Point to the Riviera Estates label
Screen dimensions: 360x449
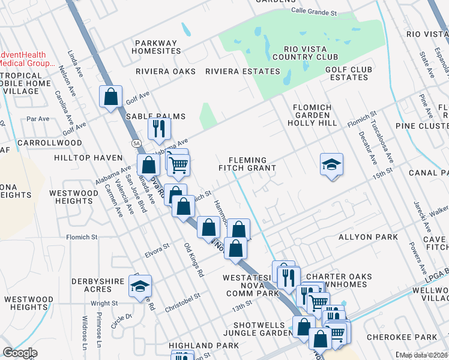(243, 71)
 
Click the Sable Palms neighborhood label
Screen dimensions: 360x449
(155, 116)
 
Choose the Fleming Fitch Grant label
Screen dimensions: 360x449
(252, 164)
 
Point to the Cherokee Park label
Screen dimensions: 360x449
(415, 338)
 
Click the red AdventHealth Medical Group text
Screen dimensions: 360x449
(27, 59)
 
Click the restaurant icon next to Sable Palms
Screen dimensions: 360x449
(160, 127)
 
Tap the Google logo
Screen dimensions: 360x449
(20, 353)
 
